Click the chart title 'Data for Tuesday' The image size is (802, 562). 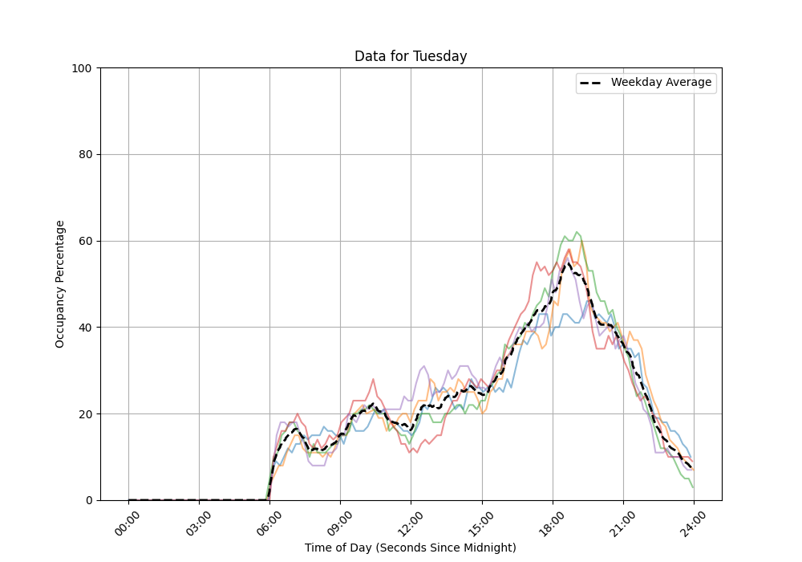click(411, 56)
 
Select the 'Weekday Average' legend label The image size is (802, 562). click(661, 83)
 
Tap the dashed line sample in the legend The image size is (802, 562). click(593, 83)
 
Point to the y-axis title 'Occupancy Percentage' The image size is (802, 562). click(60, 283)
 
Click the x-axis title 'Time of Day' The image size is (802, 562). click(410, 548)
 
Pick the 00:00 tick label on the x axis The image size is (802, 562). click(128, 523)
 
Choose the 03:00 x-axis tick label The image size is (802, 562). click(199, 523)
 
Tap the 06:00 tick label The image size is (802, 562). click(269, 523)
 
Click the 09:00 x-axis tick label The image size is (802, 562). click(340, 523)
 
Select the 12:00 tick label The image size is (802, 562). click(411, 523)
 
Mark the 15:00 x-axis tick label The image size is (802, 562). click(481, 523)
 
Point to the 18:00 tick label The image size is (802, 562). click(552, 523)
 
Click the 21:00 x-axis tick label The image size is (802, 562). click(622, 523)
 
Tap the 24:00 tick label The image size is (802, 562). click(693, 523)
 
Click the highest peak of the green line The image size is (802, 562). click(576, 232)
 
